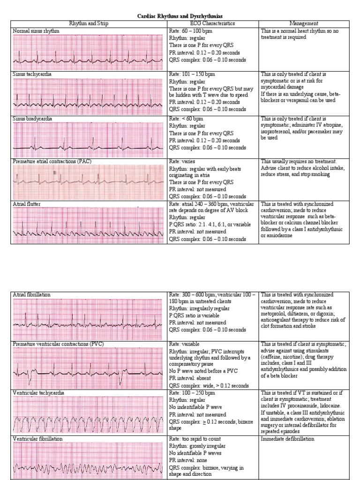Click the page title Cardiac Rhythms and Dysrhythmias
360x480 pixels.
click(180, 16)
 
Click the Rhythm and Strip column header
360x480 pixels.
click(89, 23)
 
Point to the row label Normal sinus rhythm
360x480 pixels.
click(36, 30)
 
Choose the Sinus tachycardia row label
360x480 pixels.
click(32, 74)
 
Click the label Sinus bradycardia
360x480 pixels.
click(32, 119)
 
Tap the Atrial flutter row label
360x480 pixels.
click(28, 204)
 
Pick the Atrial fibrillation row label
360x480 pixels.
click(32, 294)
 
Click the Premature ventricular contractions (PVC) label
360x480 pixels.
click(59, 344)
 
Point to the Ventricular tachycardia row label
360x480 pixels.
click(39, 392)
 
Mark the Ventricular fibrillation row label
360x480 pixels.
click(38, 439)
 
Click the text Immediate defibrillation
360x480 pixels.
click(287, 439)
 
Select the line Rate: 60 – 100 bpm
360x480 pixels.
click(190, 30)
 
